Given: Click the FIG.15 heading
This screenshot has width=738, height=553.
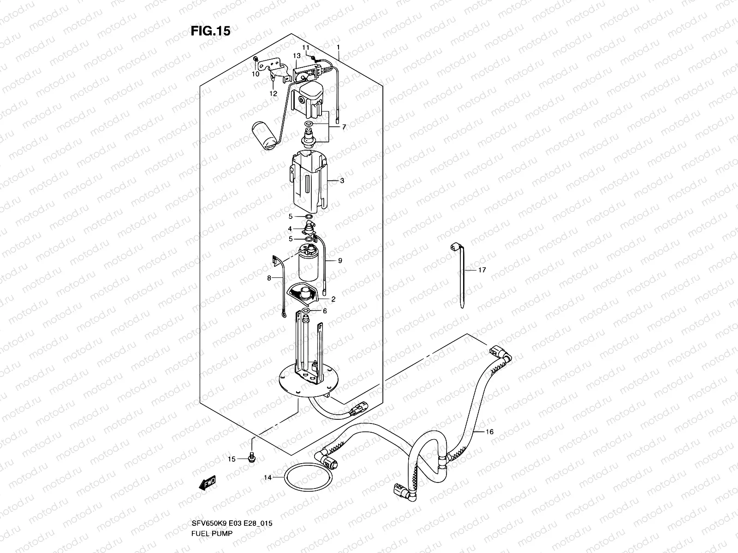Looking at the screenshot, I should (210, 31).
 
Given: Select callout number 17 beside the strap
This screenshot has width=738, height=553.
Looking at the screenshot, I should (482, 270).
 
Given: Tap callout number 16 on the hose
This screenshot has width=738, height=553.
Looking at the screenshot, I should (490, 432).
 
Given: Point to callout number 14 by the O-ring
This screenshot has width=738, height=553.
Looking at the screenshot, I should (268, 478).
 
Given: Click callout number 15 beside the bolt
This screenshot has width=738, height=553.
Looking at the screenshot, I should (232, 459).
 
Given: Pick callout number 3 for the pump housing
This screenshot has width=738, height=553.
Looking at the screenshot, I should (342, 181).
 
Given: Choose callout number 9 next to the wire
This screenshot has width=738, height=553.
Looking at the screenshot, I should (340, 261).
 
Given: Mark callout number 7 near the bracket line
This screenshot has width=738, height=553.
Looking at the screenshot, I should (343, 127).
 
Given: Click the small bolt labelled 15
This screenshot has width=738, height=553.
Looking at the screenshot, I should (252, 458).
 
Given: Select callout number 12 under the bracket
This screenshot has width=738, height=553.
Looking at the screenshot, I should (274, 94).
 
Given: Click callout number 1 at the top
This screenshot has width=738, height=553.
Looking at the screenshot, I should (338, 47).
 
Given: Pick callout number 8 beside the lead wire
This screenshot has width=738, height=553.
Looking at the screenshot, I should (269, 278).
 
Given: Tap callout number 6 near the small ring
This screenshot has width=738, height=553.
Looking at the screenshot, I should (325, 311).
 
